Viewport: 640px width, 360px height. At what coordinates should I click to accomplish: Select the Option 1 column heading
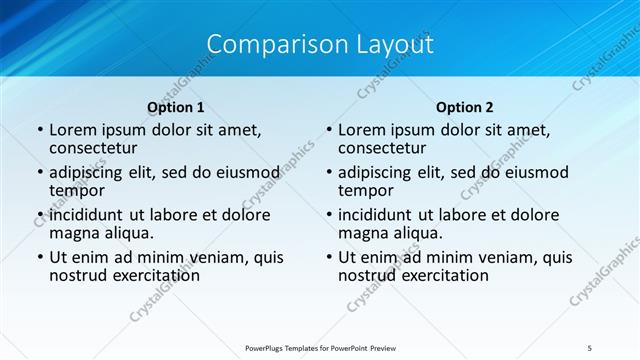176,107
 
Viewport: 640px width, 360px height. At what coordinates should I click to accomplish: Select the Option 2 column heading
464,107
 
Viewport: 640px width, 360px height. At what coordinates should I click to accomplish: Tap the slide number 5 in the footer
590,347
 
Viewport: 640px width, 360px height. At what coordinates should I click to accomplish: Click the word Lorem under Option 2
361,130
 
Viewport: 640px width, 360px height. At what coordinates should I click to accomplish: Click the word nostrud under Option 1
76,275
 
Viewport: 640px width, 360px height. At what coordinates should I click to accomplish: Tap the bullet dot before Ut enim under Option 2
329,258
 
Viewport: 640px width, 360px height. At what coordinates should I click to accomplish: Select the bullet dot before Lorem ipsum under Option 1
40,131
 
